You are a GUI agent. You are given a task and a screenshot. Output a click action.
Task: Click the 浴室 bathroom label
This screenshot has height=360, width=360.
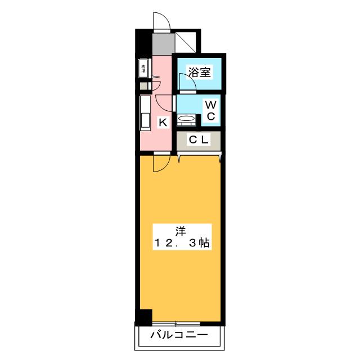pos(199,72)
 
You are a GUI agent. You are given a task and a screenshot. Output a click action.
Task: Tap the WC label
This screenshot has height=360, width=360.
pos(211,111)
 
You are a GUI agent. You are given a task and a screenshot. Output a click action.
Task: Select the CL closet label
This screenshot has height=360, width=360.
pos(199,139)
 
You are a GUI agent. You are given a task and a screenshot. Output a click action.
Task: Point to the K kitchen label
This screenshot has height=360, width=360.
pos(163,122)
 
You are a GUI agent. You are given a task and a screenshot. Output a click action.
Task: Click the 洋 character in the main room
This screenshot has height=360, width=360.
pos(181,231)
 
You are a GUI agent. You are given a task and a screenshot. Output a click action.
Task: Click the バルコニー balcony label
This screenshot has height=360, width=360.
pos(179,335)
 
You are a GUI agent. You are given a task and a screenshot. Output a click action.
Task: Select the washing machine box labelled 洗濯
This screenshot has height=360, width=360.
pos(143,69)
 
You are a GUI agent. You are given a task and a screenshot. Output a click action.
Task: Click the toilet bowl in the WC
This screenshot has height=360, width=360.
pos(186,119)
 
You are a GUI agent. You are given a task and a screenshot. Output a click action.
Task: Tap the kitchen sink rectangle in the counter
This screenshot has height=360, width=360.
pos(145,120)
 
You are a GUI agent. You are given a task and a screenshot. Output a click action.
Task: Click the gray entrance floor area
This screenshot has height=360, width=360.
pos(164,43)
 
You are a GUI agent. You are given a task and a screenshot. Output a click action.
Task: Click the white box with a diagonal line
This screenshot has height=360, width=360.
pos(186,42)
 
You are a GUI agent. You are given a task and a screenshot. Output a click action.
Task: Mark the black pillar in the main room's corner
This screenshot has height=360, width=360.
pos(144,317)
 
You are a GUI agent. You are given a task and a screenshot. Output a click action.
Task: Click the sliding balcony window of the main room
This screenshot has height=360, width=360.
pos(176,324)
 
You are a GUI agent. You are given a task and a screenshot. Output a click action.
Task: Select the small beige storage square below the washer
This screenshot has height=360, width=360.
pos(144,87)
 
